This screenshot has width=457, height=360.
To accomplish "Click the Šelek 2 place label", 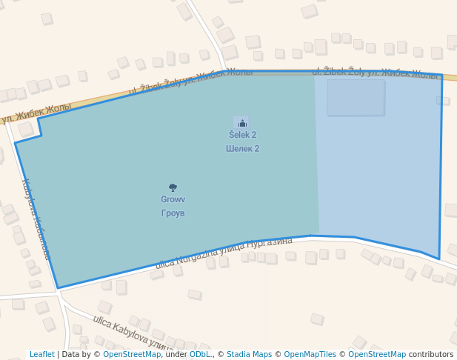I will (x=242, y=135).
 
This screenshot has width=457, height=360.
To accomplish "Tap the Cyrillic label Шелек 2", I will (x=242, y=148).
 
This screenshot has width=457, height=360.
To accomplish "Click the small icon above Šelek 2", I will (x=242, y=124).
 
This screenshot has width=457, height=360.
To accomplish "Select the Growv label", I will (x=173, y=199).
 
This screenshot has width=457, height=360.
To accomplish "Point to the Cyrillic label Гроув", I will (x=173, y=213).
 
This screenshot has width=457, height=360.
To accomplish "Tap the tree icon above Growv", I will (x=173, y=188).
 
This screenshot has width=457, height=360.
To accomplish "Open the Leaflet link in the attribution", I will (x=41, y=354).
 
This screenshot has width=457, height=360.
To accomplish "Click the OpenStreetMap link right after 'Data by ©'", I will (x=131, y=354).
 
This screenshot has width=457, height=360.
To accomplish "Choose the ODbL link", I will (x=200, y=354).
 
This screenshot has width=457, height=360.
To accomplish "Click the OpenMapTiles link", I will (x=310, y=354).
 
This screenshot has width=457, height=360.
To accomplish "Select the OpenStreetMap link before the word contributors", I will (x=377, y=354).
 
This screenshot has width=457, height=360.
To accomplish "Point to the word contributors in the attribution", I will (x=431, y=354).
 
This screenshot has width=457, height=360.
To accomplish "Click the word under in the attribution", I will (x=176, y=354).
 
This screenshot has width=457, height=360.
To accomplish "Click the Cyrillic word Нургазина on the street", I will (x=270, y=242).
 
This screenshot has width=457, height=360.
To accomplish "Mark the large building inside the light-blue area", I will (x=356, y=97).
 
